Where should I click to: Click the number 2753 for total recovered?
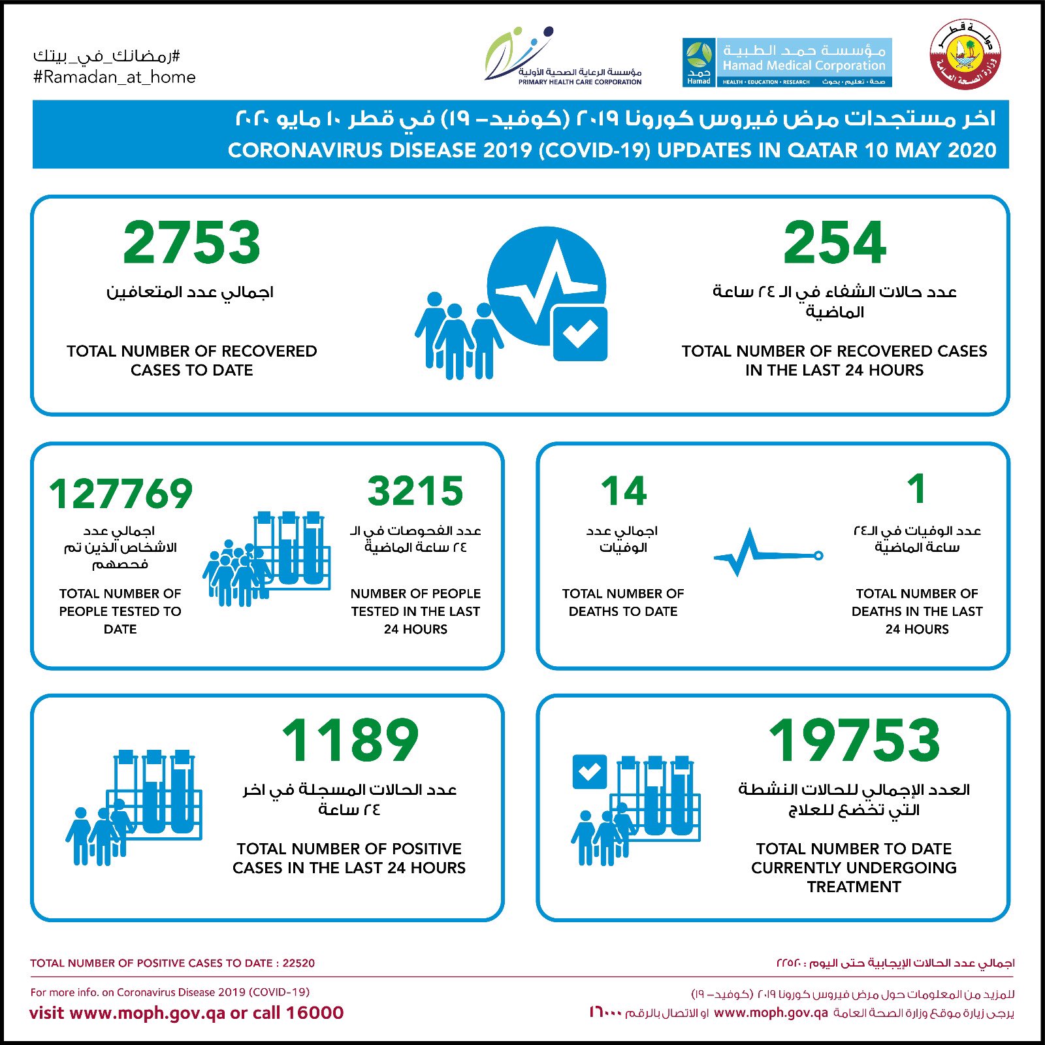point(191,242)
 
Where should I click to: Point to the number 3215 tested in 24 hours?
point(415,491)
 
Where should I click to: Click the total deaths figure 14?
point(624,491)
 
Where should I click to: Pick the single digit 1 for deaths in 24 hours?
point(917,489)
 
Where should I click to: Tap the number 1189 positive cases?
point(350,740)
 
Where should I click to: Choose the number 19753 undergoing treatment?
point(854,740)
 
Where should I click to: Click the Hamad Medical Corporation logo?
point(787,63)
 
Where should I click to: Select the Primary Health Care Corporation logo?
point(563,57)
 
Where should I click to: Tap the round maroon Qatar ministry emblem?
point(965,55)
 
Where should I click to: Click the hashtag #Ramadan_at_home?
point(114,77)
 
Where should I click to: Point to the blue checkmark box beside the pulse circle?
point(580,333)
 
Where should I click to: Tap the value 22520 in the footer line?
point(298,963)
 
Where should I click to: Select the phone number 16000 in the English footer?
point(315,1013)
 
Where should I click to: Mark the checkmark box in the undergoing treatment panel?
point(589,772)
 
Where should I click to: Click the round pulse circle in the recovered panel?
point(546,286)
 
